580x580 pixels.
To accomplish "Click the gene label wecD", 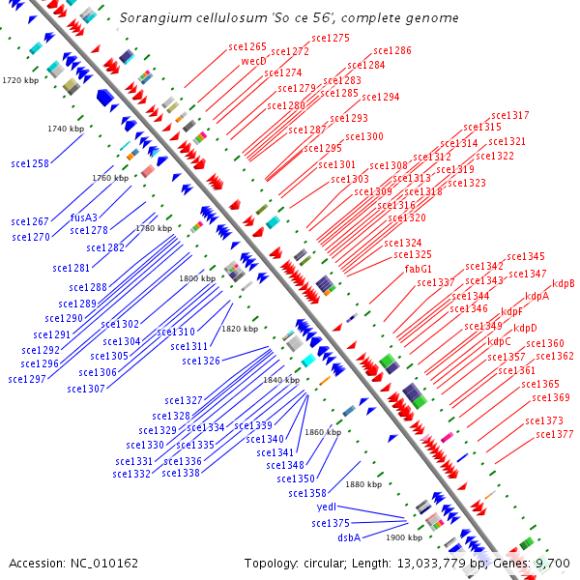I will [254, 61].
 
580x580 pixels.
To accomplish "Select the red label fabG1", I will [419, 269].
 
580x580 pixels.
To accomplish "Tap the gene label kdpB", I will [564, 283].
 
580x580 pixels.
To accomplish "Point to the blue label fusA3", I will [84, 217].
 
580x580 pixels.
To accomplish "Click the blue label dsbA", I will [349, 536].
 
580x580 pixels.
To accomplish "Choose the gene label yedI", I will [327, 507].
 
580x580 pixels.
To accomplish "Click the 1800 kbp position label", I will [196, 278].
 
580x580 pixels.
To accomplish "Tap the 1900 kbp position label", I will [404, 536].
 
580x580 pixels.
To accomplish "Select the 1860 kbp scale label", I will [323, 432].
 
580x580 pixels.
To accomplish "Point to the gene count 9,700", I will [551, 563].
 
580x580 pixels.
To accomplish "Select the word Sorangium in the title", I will [151, 17].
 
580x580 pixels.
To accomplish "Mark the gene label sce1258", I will [30, 164].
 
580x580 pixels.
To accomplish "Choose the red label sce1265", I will [247, 46].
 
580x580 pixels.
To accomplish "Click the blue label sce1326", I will [201, 361].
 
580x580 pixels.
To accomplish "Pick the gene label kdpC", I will [500, 341].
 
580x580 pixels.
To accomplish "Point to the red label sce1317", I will [510, 115].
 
